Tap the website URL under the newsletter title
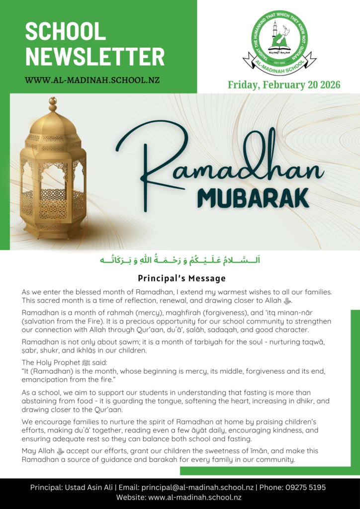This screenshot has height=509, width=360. point(92,80)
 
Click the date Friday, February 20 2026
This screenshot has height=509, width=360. point(284,85)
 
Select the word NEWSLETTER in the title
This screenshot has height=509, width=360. point(94,56)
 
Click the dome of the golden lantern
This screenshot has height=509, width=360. point(52,122)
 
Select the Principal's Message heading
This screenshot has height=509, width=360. point(181,278)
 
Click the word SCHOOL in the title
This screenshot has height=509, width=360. point(66,32)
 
